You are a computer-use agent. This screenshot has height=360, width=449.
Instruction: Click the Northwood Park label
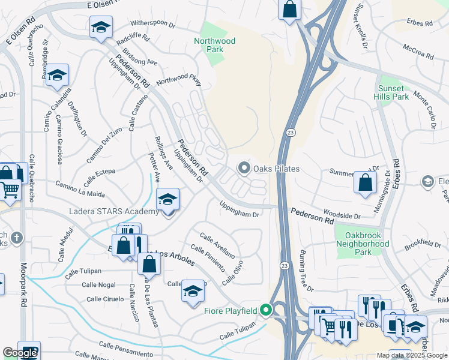(214, 46)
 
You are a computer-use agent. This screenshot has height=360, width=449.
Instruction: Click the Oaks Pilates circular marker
(244, 169)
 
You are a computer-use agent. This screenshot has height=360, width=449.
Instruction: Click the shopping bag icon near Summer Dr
(365, 182)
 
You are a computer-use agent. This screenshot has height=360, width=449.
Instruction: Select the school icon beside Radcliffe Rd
(101, 27)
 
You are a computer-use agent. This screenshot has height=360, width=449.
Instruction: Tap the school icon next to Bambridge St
(57, 76)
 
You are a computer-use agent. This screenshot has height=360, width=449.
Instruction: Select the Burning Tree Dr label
(306, 271)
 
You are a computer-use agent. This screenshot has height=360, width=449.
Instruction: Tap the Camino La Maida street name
(80, 190)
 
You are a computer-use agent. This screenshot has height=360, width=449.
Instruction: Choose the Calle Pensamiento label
(122, 347)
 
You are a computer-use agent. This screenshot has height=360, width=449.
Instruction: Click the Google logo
(20, 353)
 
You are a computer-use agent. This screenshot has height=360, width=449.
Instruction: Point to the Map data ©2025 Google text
(411, 355)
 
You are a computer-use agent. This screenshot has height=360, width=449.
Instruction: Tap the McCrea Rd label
(418, 51)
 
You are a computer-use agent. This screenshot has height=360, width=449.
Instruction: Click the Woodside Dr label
(341, 215)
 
